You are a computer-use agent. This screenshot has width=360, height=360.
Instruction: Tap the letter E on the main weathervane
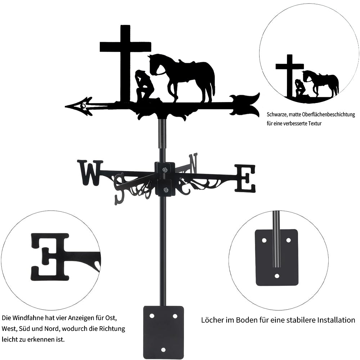click(x=245, y=178)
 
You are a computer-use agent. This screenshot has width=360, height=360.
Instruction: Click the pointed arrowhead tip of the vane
click(x=66, y=107)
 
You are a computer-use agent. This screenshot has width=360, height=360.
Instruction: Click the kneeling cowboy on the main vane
click(x=144, y=85)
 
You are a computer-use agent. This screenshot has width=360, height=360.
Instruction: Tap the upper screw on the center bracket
click(x=165, y=170)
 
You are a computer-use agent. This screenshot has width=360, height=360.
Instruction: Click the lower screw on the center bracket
click(x=165, y=190)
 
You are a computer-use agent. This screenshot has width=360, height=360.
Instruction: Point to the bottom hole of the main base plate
click(x=163, y=350)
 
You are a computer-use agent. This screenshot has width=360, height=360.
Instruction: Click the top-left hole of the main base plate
click(x=152, y=316)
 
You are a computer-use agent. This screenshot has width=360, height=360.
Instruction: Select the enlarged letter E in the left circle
click(x=50, y=257)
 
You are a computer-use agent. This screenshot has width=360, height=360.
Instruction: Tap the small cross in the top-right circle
click(x=289, y=76)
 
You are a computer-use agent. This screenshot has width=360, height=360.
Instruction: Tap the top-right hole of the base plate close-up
click(x=289, y=240)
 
